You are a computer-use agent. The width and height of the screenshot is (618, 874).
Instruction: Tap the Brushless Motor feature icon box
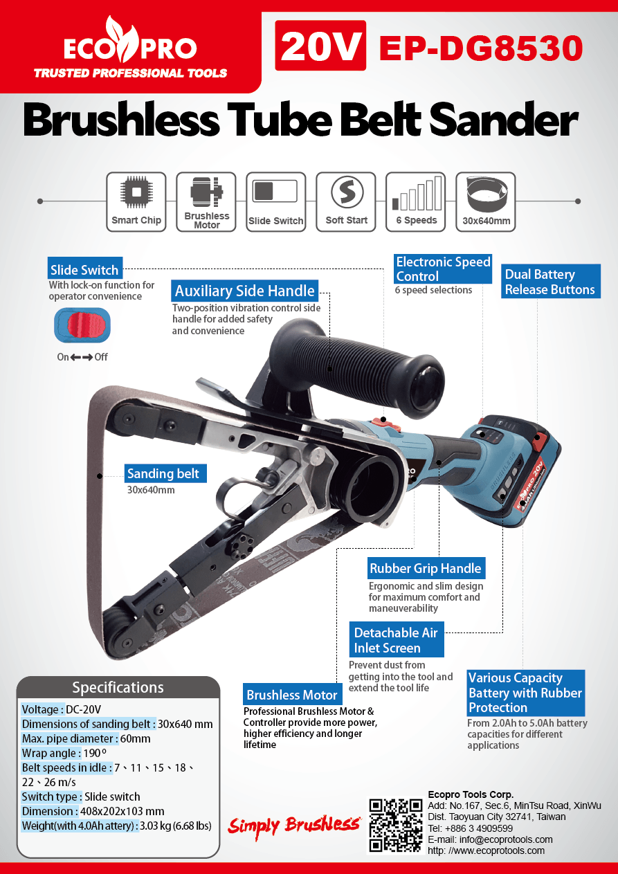pos(206,202)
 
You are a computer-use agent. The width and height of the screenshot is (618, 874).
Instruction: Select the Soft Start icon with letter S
pos(347,192)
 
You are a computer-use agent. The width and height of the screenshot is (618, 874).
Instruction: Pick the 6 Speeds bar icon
pos(417,193)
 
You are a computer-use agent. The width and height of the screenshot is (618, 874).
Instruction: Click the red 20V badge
pos(320,46)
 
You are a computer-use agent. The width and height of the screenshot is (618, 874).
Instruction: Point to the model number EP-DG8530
pos(481,48)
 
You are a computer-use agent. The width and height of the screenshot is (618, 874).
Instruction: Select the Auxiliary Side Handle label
pos(244,291)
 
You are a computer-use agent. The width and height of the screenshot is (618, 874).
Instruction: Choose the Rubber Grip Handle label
pos(426,568)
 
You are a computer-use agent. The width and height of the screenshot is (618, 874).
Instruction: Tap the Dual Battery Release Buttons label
pos(550,282)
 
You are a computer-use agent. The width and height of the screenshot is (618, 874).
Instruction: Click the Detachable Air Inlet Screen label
pos(397,639)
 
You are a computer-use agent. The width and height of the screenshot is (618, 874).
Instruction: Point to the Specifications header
pos(118,687)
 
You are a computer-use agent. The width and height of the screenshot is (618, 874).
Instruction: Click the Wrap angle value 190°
pos(95,753)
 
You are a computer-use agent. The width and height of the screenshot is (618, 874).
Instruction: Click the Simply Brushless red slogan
pos(293,825)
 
